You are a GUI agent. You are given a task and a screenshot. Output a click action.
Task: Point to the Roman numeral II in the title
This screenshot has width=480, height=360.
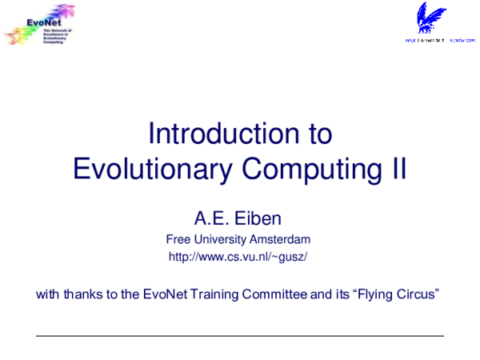397,169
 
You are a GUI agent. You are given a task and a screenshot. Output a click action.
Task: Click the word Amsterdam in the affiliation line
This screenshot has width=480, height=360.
280,239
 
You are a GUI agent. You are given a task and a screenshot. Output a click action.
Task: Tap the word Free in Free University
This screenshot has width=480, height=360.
178,239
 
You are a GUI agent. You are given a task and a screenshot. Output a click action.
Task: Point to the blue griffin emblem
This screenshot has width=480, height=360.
433,18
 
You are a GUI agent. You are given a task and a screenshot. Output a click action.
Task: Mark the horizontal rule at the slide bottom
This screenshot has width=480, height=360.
240,336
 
